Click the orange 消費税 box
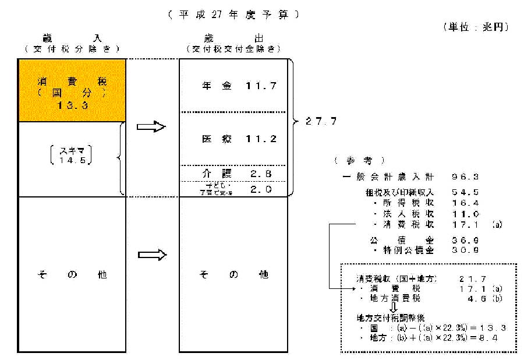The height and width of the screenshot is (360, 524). pyautogui.click(x=72, y=90)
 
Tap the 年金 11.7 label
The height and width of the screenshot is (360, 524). pyautogui.click(x=232, y=86)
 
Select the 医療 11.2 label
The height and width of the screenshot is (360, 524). pyautogui.click(x=232, y=139)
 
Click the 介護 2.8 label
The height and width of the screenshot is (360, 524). pyautogui.click(x=232, y=174)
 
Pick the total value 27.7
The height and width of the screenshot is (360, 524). pyautogui.click(x=323, y=121)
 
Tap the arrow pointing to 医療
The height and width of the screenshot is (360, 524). pyautogui.click(x=151, y=127)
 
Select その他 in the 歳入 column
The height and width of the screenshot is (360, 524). pyautogui.click(x=72, y=274)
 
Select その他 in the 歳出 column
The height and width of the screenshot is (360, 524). pyautogui.click(x=232, y=274)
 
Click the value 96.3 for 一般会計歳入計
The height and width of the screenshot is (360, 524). pyautogui.click(x=463, y=175)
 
